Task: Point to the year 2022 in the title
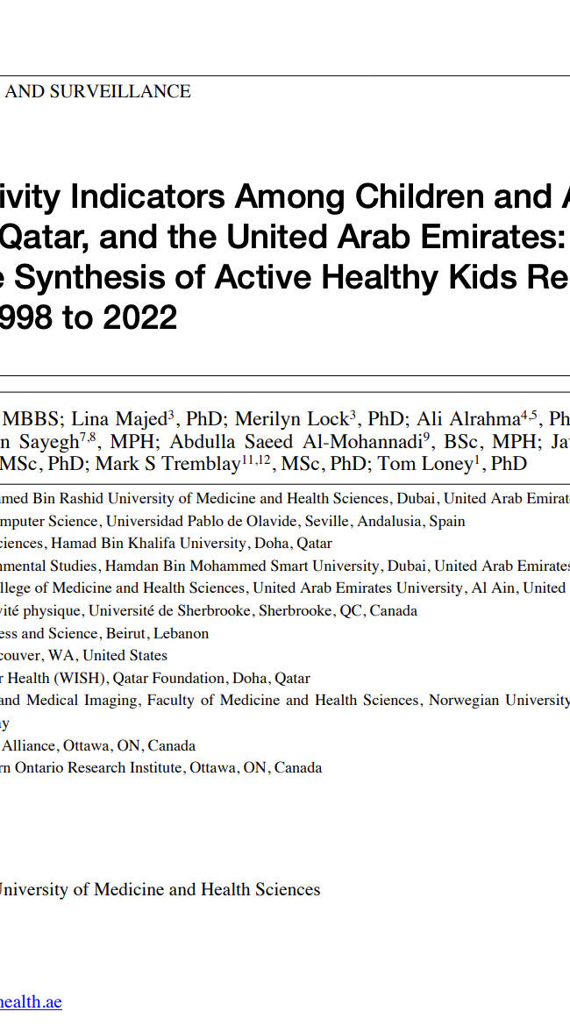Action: click(140, 317)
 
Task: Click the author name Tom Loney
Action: click(424, 464)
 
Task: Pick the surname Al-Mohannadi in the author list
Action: click(361, 442)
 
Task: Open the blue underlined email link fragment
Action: click(31, 1001)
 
